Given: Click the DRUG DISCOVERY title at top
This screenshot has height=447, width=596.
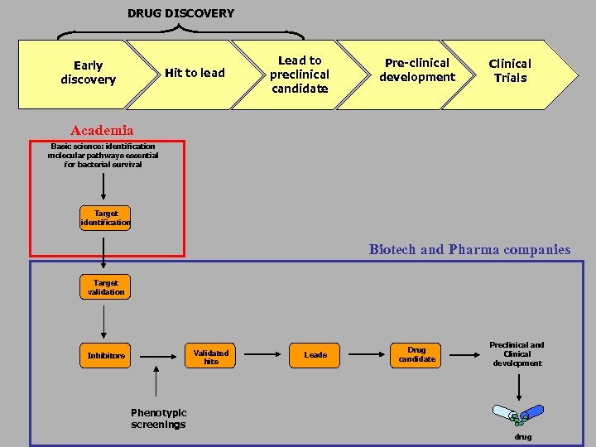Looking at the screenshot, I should [180, 13].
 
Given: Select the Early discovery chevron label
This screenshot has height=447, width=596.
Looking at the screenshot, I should [88, 73].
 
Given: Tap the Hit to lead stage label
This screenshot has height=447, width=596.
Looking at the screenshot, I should [195, 73].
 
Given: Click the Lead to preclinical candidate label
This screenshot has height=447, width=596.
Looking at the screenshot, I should [300, 74].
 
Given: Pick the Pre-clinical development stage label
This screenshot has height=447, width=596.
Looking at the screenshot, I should [417, 70].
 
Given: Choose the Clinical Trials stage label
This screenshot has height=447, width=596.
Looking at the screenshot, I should [510, 70].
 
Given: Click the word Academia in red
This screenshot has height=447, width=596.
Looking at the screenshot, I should [102, 131].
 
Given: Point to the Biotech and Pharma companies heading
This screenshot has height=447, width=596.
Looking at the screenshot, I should [469, 249].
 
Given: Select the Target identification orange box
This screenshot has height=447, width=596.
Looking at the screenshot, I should [106, 219].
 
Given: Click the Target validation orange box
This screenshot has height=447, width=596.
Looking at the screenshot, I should [106, 287].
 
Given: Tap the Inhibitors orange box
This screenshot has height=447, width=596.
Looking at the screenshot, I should [106, 356].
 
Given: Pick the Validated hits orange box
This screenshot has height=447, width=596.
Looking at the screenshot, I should [211, 357].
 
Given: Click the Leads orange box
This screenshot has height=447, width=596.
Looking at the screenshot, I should [315, 355].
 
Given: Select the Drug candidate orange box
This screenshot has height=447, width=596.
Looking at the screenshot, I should [416, 354].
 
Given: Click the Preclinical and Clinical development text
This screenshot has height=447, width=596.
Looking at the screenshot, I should [517, 354].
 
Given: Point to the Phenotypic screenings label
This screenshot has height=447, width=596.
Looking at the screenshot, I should [158, 419].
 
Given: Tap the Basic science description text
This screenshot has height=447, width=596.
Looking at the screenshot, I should [103, 156].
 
